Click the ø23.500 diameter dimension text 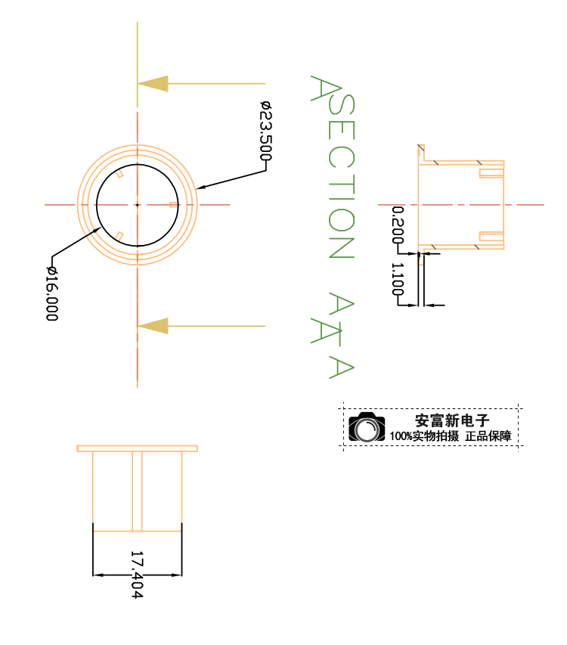tap(266, 131)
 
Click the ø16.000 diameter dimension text tap(52, 293)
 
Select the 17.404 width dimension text tap(138, 575)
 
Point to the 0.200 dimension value tap(398, 225)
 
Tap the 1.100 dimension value tap(398, 279)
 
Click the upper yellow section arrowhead tap(153, 83)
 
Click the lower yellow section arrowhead tap(153, 326)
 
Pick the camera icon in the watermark tap(367, 427)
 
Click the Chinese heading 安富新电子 tap(452, 420)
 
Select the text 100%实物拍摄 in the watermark tap(424, 436)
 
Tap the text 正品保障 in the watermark tap(488, 436)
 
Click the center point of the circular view tap(138, 205)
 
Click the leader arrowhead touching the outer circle tap(201, 188)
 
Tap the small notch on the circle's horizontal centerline tap(174, 205)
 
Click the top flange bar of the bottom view tap(138, 448)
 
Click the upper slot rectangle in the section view tap(491, 173)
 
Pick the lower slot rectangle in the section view tap(491, 237)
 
